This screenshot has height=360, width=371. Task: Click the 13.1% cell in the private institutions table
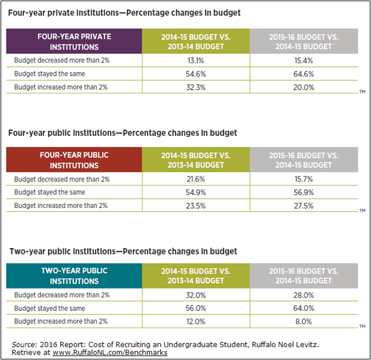click(x=196, y=61)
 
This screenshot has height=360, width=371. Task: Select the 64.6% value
click(x=304, y=74)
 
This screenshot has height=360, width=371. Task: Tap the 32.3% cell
click(x=196, y=87)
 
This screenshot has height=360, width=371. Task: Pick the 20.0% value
click(x=304, y=87)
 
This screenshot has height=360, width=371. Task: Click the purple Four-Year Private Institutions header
click(x=74, y=41)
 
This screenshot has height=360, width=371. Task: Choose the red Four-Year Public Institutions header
click(x=74, y=160)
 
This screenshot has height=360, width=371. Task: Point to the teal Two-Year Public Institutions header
click(x=74, y=275)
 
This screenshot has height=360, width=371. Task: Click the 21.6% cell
click(x=196, y=179)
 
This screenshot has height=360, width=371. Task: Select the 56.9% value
click(x=304, y=192)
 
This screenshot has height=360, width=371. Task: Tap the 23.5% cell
click(x=196, y=206)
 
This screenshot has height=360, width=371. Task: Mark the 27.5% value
click(x=304, y=206)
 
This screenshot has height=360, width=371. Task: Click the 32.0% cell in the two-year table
click(x=196, y=295)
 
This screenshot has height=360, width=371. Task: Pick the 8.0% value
click(x=304, y=322)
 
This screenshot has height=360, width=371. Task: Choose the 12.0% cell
click(x=196, y=322)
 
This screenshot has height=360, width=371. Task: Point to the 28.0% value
click(x=304, y=295)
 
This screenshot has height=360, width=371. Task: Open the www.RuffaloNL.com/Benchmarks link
click(x=110, y=352)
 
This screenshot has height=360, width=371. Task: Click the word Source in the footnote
click(x=23, y=345)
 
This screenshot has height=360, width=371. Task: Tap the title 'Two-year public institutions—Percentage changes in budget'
click(x=123, y=251)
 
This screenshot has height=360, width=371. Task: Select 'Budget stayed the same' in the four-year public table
click(x=50, y=192)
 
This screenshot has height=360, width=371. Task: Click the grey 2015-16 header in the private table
click(x=304, y=41)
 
